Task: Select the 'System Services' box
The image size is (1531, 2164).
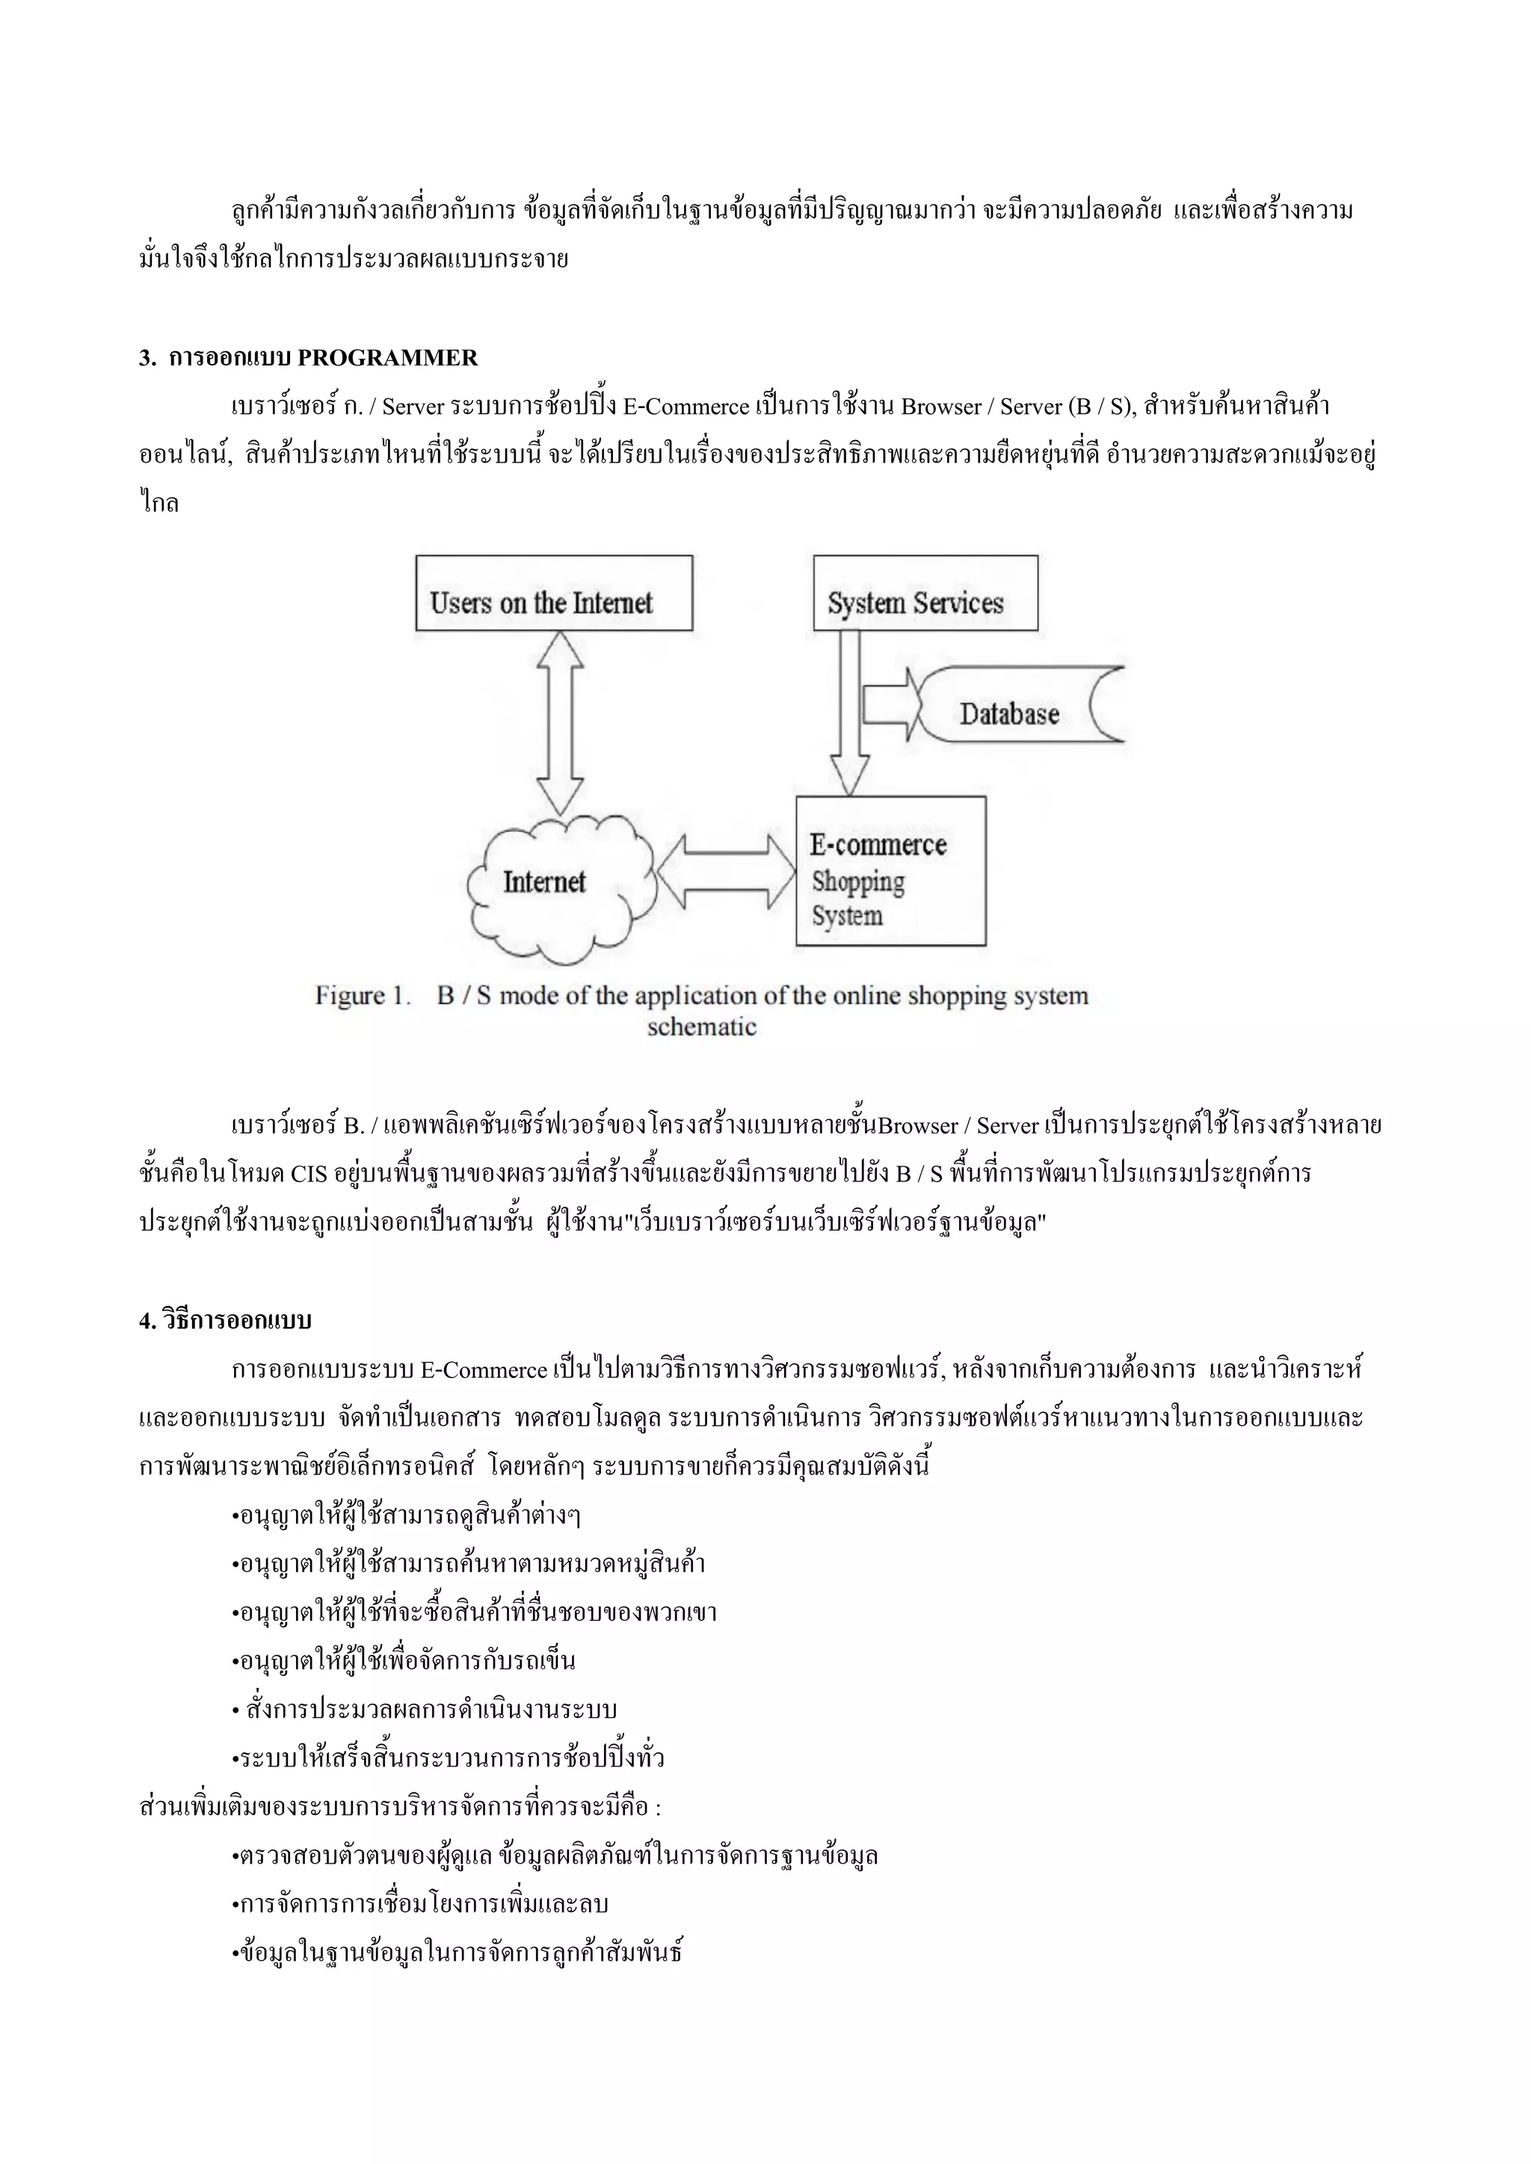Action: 925,593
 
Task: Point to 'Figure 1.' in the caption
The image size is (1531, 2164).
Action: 363,996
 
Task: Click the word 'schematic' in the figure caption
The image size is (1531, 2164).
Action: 701,1027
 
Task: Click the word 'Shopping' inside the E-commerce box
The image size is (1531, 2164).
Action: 858,882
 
